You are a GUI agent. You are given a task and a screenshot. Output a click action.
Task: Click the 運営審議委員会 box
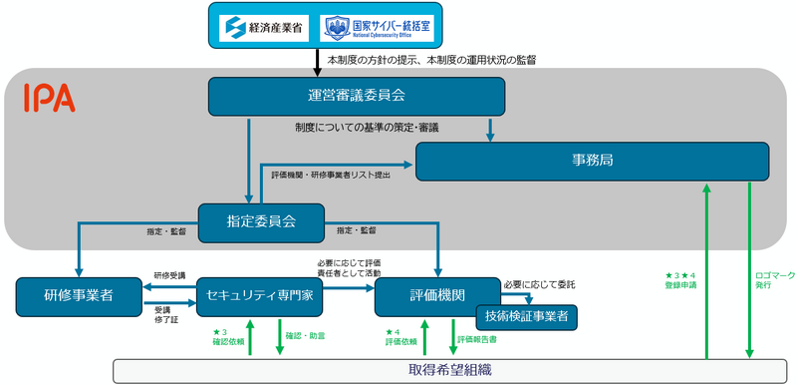coord(357,96)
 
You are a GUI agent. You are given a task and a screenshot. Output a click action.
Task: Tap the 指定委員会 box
coord(262,221)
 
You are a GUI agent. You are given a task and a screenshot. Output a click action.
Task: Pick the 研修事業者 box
coord(79,295)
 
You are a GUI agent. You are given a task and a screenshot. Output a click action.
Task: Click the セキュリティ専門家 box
coord(259,295)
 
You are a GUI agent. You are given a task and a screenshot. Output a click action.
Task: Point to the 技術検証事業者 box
coord(526,316)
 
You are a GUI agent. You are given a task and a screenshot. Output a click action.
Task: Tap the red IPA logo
coord(49,98)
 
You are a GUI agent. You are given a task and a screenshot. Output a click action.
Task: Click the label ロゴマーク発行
coord(768,280)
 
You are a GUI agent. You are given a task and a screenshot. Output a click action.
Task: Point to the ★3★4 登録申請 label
coord(682,280)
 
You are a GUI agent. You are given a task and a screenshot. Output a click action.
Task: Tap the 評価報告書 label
coord(477,339)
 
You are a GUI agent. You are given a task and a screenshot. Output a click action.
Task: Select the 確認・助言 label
coord(303,334)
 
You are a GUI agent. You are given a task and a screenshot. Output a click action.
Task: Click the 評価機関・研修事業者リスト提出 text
coord(331,175)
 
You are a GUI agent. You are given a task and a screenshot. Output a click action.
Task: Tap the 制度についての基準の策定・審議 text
coord(366,128)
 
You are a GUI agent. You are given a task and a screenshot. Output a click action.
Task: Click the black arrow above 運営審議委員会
coord(316,62)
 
